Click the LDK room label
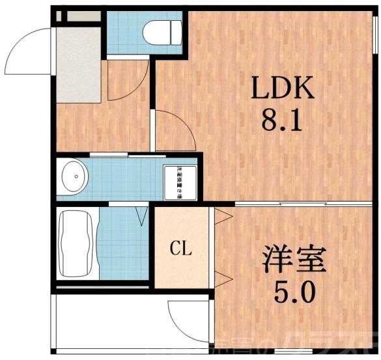click(283, 88)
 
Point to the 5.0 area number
click(295, 292)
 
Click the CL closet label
click(181, 248)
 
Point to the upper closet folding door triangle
click(223, 217)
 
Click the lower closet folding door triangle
click(223, 280)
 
